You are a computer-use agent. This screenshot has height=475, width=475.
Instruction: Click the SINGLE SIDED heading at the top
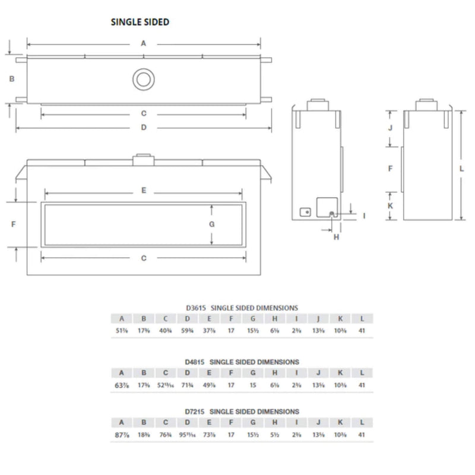point(140,22)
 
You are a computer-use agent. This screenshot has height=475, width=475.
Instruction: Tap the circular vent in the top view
point(143,80)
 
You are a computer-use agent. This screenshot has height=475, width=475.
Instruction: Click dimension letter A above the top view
point(143,43)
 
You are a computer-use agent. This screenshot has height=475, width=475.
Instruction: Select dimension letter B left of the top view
point(12,78)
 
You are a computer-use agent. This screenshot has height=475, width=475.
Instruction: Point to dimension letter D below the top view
point(143,128)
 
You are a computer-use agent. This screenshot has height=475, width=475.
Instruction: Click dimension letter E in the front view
point(143,191)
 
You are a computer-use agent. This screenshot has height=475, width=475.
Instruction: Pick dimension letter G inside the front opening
point(211,224)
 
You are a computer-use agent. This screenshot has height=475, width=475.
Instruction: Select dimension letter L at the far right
point(462,168)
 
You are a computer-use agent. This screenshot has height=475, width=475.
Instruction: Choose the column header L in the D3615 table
point(362,318)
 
